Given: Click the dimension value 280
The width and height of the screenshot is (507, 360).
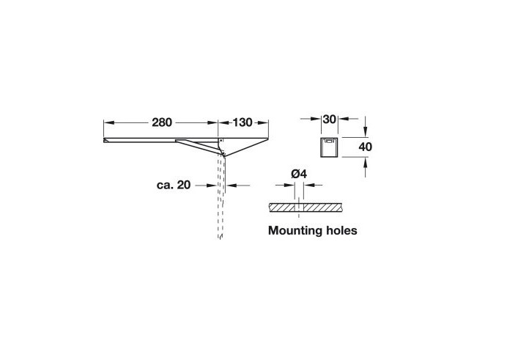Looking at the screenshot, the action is click(162, 122).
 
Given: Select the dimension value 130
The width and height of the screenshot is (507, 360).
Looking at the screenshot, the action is click(243, 122).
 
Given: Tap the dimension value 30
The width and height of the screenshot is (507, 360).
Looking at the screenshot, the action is click(330, 119).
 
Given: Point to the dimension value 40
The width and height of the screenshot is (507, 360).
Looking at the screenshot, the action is click(366, 147).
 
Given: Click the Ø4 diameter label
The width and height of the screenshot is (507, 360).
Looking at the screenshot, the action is click(299, 174).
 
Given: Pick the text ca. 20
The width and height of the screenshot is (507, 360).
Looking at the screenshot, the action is click(174, 185).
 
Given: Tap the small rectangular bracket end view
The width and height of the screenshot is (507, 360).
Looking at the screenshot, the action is click(330, 147).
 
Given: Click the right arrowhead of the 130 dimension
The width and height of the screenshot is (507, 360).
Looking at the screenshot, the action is click(263, 122).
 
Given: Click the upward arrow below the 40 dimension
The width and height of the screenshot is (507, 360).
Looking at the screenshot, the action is click(366, 167).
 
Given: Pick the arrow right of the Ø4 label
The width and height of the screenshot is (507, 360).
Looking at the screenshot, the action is click(313, 185).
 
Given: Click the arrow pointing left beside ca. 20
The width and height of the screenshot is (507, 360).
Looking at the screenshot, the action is click(238, 185).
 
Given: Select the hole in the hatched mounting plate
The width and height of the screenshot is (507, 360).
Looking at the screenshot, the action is click(299, 207).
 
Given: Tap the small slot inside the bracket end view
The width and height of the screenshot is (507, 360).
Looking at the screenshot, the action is click(329, 141).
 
